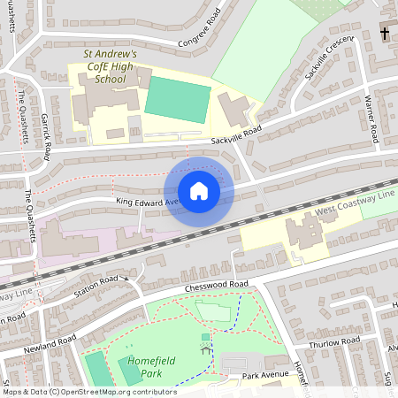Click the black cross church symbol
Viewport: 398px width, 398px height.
point(385,34)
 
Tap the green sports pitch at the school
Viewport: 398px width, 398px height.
point(177,98)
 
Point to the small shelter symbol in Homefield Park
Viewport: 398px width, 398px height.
point(206,348)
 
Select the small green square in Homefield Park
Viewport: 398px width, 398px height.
point(206,336)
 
